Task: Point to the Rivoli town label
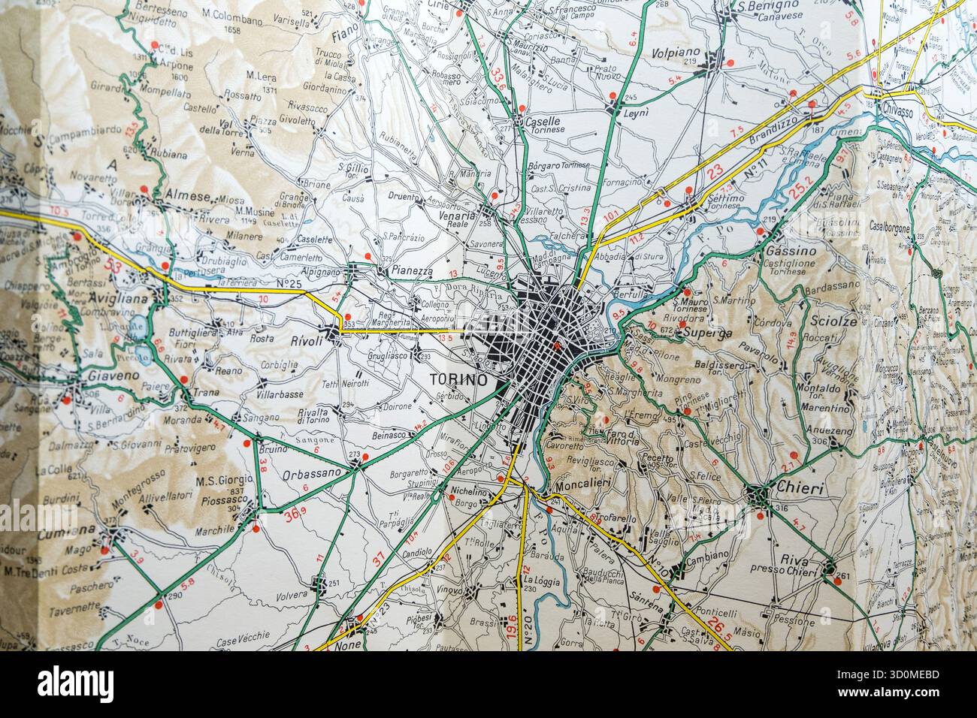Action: [x=307, y=341]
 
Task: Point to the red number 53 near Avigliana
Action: [x=114, y=265]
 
